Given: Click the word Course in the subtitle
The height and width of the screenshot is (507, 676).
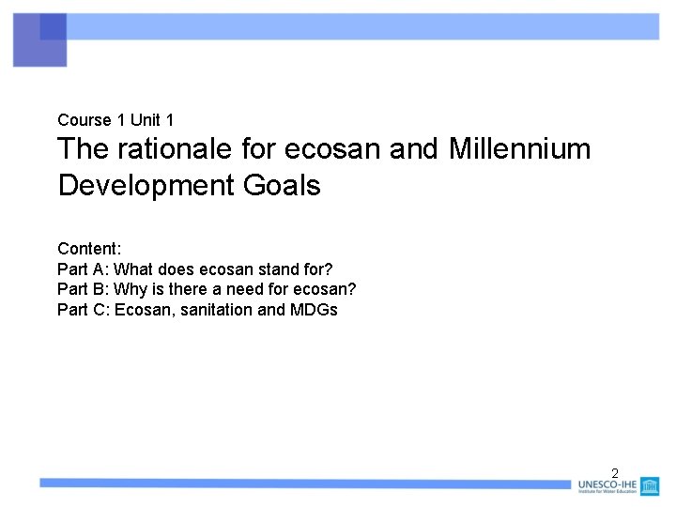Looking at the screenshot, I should point(84,120).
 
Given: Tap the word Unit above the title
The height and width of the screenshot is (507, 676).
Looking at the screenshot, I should point(145,120).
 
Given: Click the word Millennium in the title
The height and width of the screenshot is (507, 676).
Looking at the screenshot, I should point(519,149).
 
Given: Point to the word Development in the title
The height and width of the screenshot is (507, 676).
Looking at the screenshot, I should point(146,185).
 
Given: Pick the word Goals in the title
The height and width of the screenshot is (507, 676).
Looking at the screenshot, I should point(282,185).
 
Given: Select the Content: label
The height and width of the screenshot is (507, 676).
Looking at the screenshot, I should point(89,249).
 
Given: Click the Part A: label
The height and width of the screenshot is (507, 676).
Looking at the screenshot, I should point(83,269).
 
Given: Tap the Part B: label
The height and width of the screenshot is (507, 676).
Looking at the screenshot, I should point(83,289).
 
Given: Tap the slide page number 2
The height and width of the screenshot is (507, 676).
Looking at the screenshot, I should point(615,473).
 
